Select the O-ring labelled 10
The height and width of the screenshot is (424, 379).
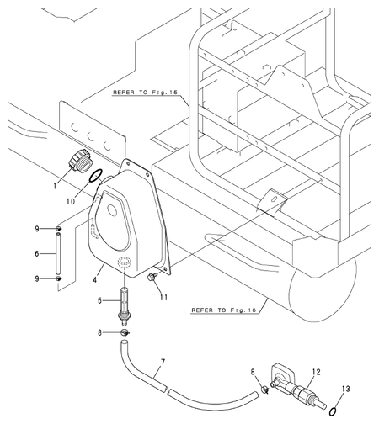[98, 177]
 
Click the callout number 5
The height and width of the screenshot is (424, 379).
[99, 301]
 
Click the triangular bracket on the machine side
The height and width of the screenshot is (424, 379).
[274, 199]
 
